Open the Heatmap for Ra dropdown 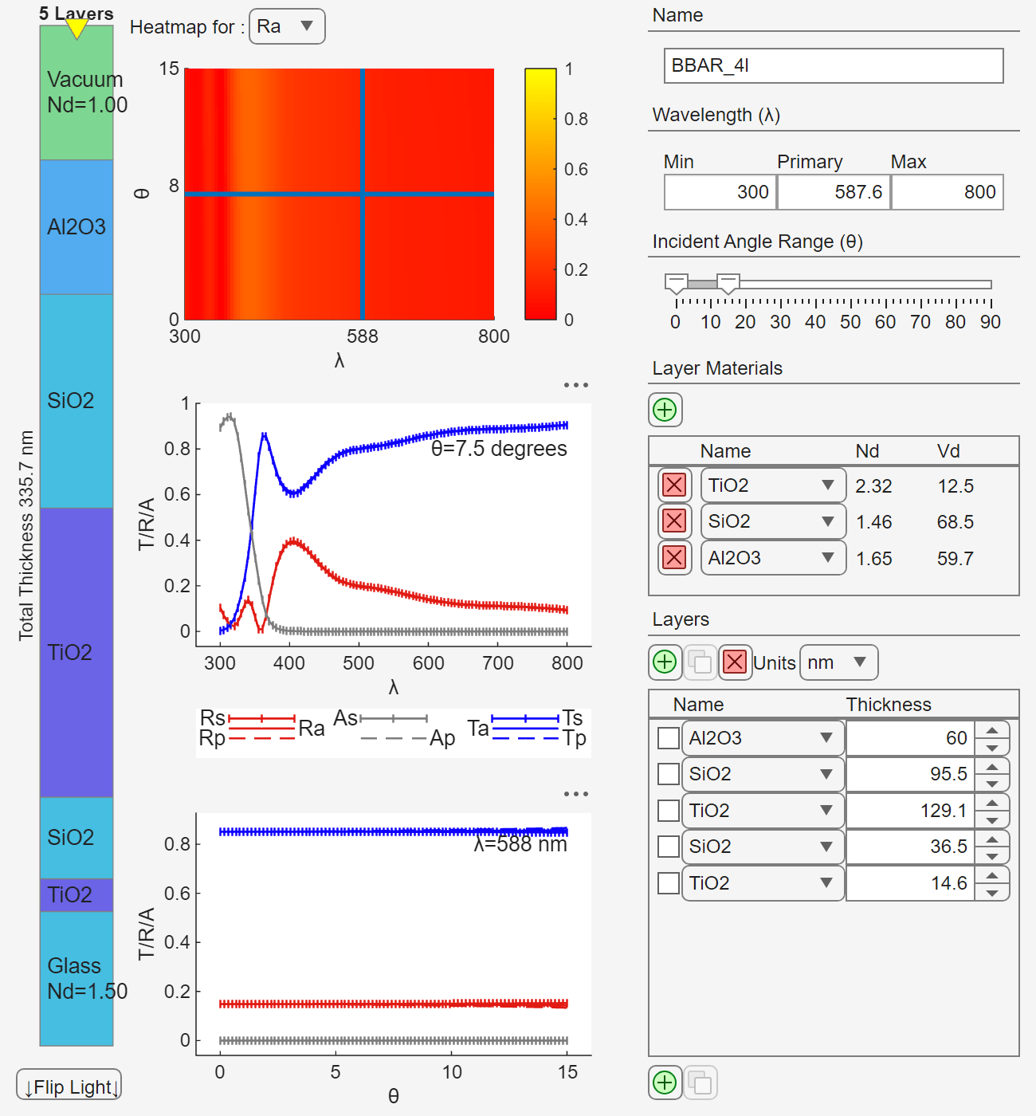tap(287, 26)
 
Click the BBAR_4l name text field tap(833, 65)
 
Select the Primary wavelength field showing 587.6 tap(834, 192)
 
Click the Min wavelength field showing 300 tap(720, 192)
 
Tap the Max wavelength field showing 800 tap(947, 192)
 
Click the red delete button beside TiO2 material tap(674, 485)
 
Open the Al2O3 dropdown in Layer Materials tap(772, 557)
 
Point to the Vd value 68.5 tap(955, 522)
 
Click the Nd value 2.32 tap(873, 486)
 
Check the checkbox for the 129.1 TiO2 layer tap(669, 811)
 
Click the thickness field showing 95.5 tap(910, 774)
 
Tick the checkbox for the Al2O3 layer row tap(669, 738)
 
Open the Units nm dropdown tap(838, 662)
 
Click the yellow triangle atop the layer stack tap(77, 29)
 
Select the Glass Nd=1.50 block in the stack tap(77, 978)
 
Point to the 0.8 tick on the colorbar tap(575, 120)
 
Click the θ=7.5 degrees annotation tap(499, 449)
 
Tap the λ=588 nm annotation tap(520, 845)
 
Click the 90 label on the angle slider tap(991, 322)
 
